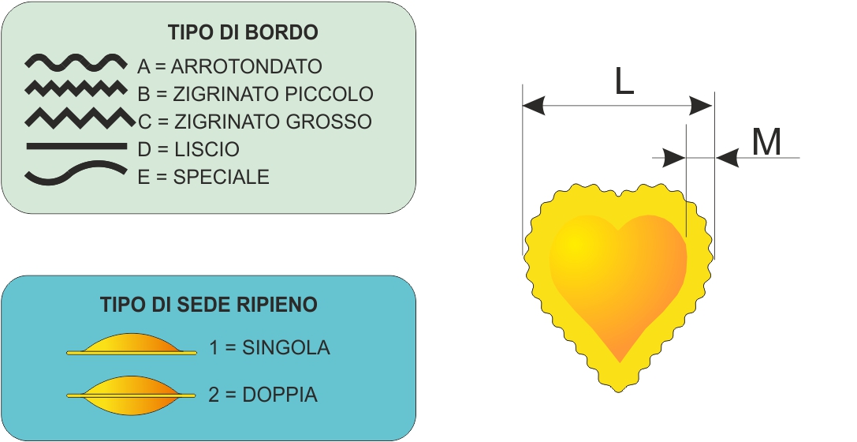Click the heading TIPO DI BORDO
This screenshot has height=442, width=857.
point(243,32)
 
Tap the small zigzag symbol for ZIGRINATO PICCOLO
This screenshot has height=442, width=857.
point(76,88)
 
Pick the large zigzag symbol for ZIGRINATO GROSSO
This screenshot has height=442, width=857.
point(80,118)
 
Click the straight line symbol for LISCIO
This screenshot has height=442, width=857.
point(76,146)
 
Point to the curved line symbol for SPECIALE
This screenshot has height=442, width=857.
point(76,173)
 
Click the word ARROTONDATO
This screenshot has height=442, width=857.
point(247,66)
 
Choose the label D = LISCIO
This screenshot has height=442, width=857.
point(188,149)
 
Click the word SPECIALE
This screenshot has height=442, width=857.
point(222,178)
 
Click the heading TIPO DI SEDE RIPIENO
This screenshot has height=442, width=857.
point(209,304)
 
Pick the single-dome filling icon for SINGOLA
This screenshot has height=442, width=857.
point(132,344)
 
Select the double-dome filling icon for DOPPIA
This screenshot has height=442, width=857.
point(131,395)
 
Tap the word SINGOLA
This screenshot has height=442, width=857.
point(286,348)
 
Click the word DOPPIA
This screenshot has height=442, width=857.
point(280,395)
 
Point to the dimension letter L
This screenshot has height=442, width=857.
point(624,83)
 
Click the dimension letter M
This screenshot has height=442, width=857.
point(766,142)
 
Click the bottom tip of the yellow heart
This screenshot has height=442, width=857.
point(619,391)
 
